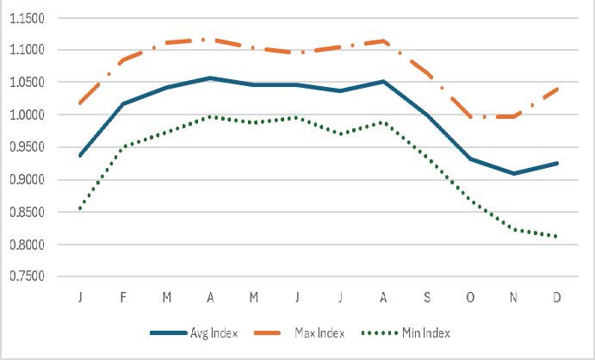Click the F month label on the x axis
(x=123, y=297)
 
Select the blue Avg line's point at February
(x=123, y=103)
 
